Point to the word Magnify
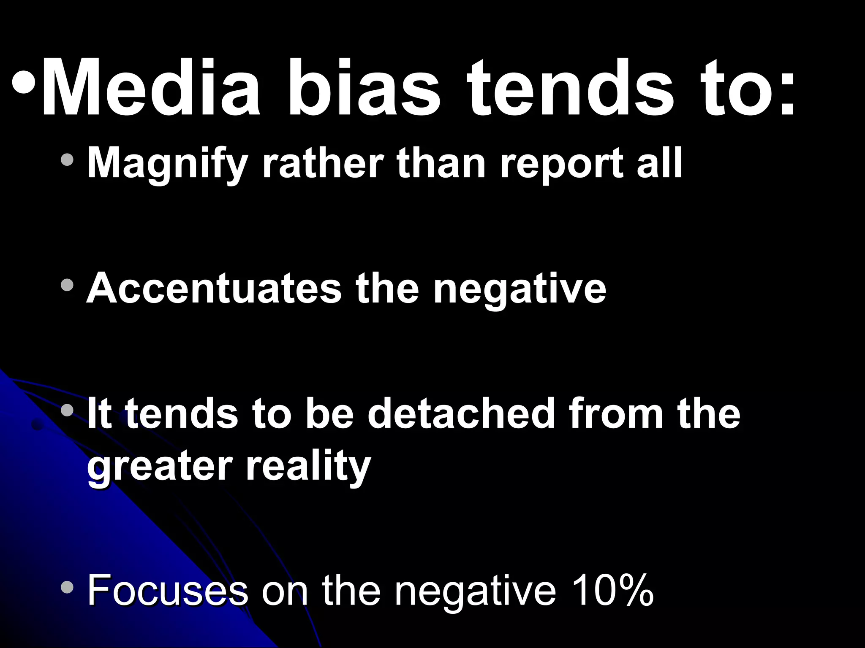click(167, 164)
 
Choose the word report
click(561, 164)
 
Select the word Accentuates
click(213, 289)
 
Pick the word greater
click(159, 468)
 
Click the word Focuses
click(167, 590)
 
